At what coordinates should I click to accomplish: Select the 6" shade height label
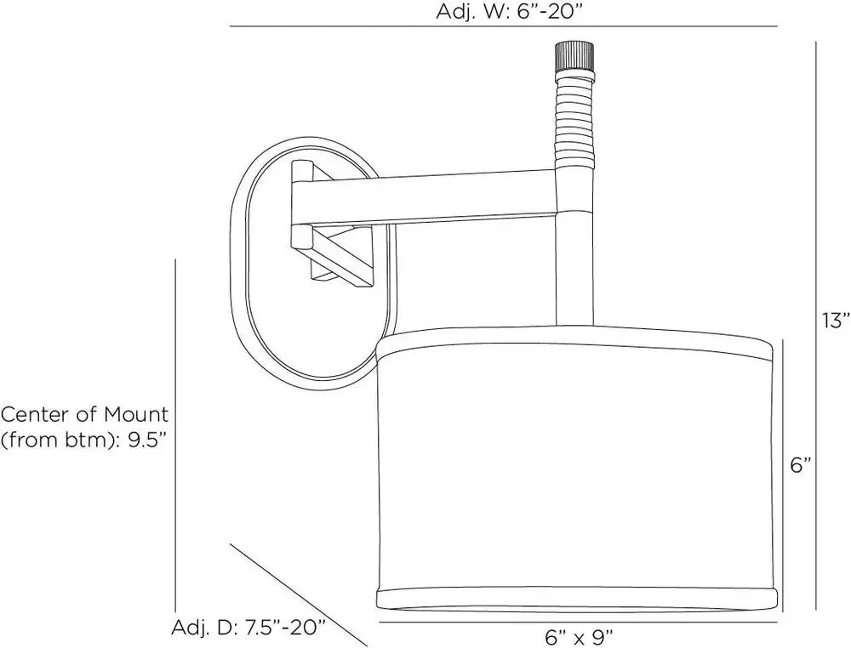click(801, 464)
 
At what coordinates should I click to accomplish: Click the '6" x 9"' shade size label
click(579, 637)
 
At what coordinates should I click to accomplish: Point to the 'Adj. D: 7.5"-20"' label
click(248, 628)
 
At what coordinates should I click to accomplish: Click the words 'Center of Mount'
click(85, 415)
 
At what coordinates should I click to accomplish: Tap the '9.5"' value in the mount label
click(146, 440)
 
